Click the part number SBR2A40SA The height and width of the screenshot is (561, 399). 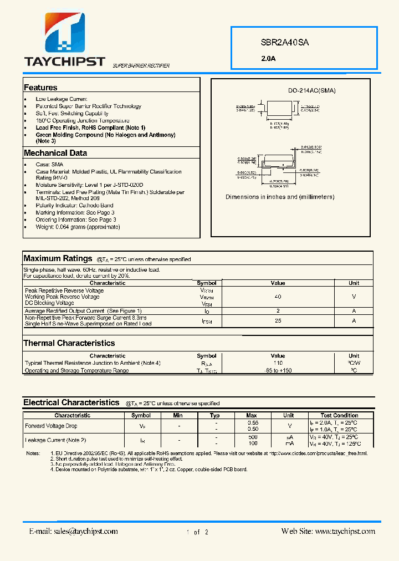tap(284, 42)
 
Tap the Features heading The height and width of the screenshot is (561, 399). tap(40, 88)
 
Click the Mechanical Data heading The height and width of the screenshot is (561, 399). tap(55, 153)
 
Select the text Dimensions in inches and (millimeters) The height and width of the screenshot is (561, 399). tap(280, 197)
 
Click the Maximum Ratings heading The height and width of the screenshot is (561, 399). tap(58, 258)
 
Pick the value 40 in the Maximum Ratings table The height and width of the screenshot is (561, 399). tap(278, 297)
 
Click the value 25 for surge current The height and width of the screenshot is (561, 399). tap(278, 320)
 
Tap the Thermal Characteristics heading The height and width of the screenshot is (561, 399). tap(69, 343)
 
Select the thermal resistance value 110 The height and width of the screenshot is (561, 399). tap(278, 363)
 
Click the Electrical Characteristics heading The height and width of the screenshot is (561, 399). tap(71, 402)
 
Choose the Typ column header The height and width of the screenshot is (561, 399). tap(215, 415)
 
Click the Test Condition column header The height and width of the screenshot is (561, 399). tap(339, 415)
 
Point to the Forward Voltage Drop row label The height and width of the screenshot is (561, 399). tap(51, 426)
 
